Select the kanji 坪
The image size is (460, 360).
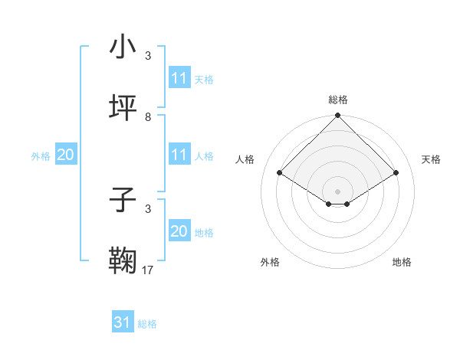pyautogui.click(x=123, y=109)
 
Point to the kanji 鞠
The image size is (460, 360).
pyautogui.click(x=123, y=262)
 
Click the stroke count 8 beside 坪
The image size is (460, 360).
pyautogui.click(x=148, y=117)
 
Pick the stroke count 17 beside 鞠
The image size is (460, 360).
pyautogui.click(x=148, y=270)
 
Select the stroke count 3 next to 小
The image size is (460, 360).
pyautogui.click(x=148, y=56)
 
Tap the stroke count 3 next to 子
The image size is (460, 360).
pyautogui.click(x=148, y=209)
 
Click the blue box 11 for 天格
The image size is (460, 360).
pyautogui.click(x=179, y=78)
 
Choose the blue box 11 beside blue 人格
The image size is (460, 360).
pyautogui.click(x=179, y=155)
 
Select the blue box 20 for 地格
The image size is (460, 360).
pyautogui.click(x=179, y=231)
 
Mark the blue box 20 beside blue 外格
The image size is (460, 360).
pyautogui.click(x=66, y=155)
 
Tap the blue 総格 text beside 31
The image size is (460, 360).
pyautogui.click(x=147, y=324)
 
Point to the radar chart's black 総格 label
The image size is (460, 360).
pyautogui.click(x=338, y=100)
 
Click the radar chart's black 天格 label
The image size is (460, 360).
pyautogui.click(x=431, y=159)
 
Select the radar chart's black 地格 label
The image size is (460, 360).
pyautogui.click(x=402, y=262)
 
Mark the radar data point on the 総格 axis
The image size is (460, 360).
pyautogui.click(x=338, y=116)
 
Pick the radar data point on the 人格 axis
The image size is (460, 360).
pyautogui.click(x=280, y=173)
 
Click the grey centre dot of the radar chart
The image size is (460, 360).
pyautogui.click(x=338, y=191)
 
